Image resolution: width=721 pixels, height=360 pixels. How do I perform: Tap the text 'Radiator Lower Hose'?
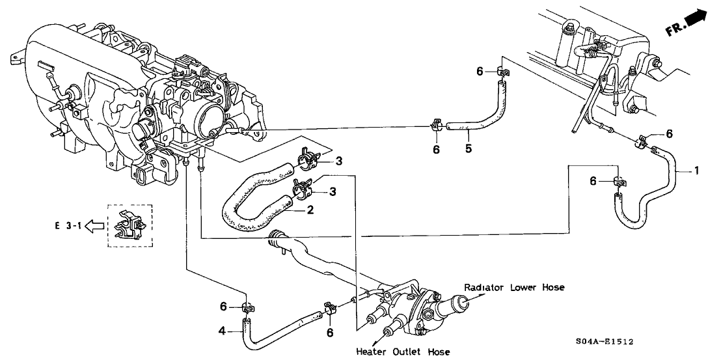513,287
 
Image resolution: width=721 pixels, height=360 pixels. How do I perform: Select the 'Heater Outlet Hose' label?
403,352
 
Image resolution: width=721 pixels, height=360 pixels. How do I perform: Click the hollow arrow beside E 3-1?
95,227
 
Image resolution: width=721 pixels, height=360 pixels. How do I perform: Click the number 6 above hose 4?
223,306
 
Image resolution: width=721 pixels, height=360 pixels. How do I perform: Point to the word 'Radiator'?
483,287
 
